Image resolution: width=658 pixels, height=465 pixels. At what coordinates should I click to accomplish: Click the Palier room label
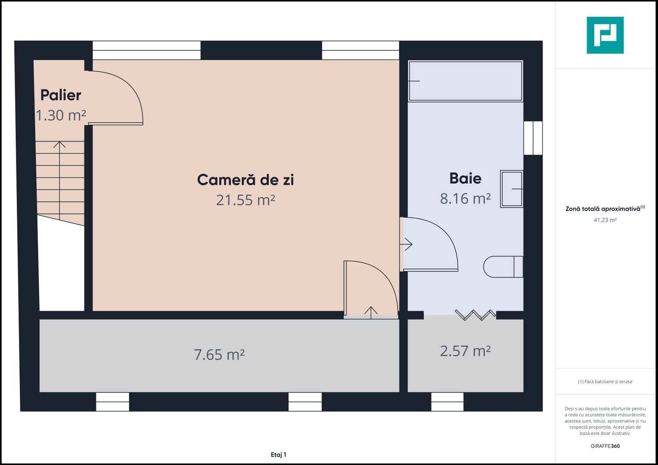tap(60, 95)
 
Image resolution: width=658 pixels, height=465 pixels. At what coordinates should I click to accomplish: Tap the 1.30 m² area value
tap(60, 115)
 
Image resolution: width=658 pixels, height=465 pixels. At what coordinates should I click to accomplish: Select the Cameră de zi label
tap(245, 180)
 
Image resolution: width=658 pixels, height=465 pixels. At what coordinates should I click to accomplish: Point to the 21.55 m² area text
tap(245, 200)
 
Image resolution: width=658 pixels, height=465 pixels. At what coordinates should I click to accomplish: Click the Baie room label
tap(465, 178)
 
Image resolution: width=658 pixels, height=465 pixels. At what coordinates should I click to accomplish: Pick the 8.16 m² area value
tap(465, 198)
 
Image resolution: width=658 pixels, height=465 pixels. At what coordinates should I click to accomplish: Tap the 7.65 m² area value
tap(219, 355)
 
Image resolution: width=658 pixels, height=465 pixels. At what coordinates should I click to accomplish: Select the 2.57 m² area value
tap(465, 351)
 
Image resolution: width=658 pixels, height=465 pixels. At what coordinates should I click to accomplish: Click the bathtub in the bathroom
tap(465, 81)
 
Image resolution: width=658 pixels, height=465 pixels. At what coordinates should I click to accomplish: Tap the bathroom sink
tap(511, 189)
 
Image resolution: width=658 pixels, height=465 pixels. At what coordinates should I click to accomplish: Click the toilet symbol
tap(502, 267)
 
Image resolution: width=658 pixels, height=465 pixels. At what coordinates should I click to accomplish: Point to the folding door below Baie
tap(475, 315)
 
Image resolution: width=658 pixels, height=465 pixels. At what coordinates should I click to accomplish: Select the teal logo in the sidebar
tap(605, 35)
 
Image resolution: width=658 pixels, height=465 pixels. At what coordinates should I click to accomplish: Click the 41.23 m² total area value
tap(605, 220)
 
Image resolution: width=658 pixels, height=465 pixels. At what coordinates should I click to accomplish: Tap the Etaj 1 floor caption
tap(278, 455)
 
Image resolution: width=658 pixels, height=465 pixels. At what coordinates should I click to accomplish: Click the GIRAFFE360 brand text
tap(605, 446)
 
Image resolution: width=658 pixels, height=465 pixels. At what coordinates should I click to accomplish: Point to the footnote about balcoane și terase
tap(605, 381)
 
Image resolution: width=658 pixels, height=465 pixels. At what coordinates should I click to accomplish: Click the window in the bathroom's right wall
tap(533, 138)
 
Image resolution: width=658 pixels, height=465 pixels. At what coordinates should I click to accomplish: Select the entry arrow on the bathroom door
tap(406, 245)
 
